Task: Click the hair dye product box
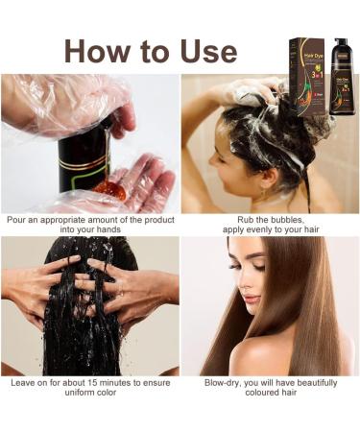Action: tap(308, 76)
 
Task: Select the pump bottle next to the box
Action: tap(340, 78)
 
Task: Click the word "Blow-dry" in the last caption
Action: tap(225, 381)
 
